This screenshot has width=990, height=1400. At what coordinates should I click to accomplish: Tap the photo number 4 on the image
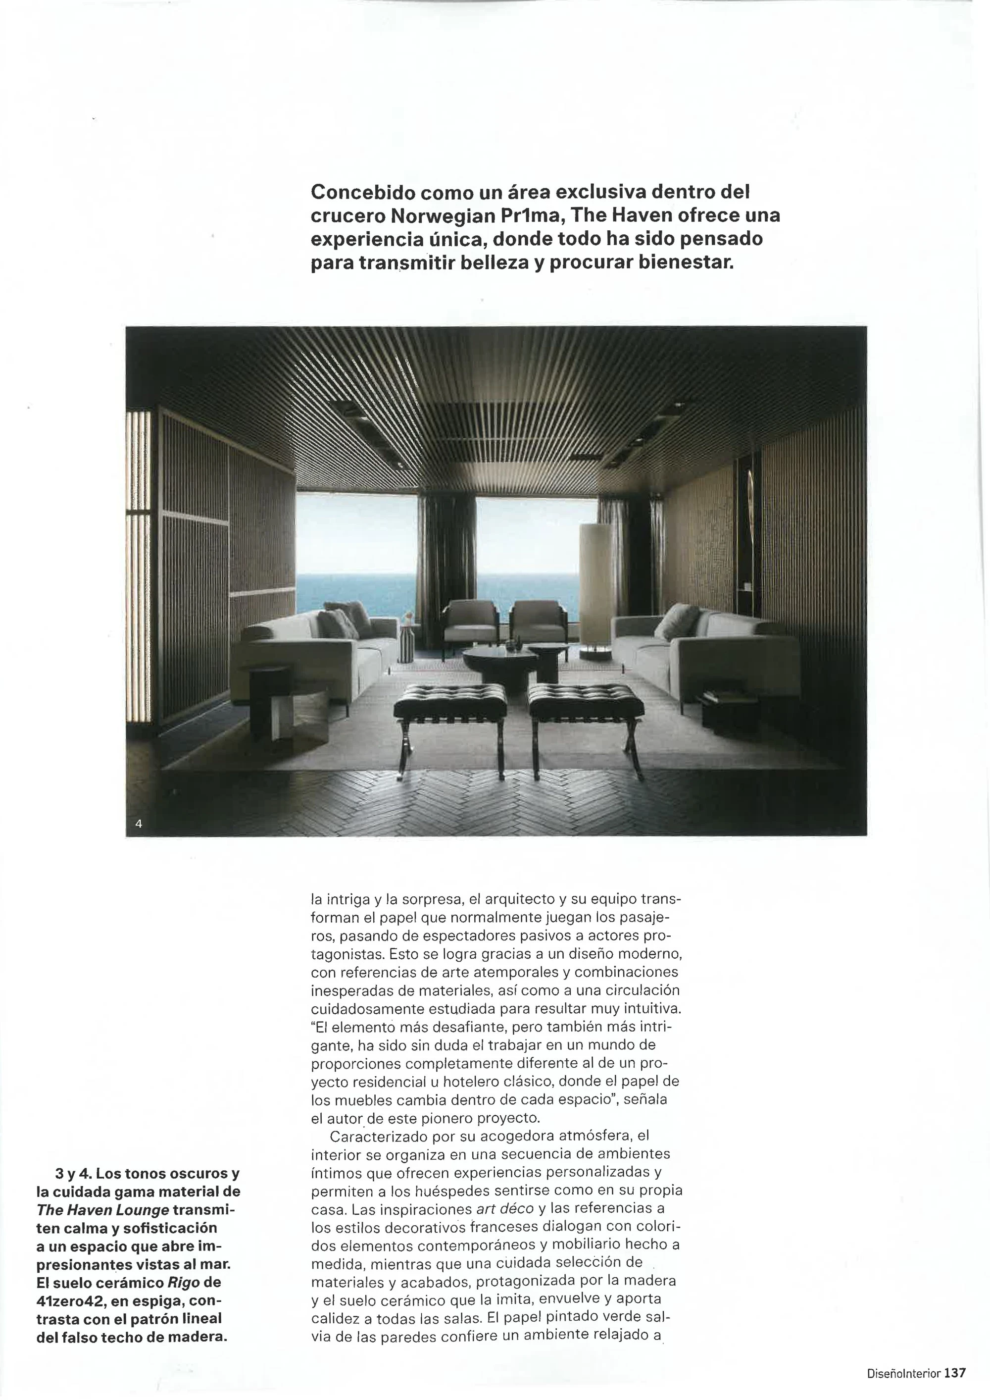point(139,824)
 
